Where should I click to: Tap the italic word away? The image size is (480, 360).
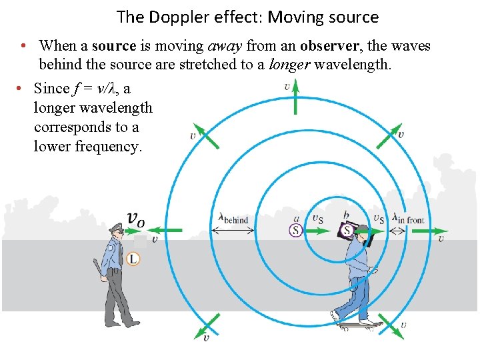pos(226,46)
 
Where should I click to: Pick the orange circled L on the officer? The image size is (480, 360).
pos(133,259)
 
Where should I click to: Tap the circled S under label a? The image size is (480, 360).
pos(295,231)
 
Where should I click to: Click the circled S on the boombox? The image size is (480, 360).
pos(347,231)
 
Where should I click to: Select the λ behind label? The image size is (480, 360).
pos(233,219)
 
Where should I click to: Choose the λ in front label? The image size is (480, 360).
pos(408,218)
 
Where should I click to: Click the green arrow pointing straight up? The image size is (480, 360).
pos(295,98)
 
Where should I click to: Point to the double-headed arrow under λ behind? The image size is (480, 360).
pos(233,231)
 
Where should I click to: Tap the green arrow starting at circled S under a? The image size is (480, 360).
pos(317,231)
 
